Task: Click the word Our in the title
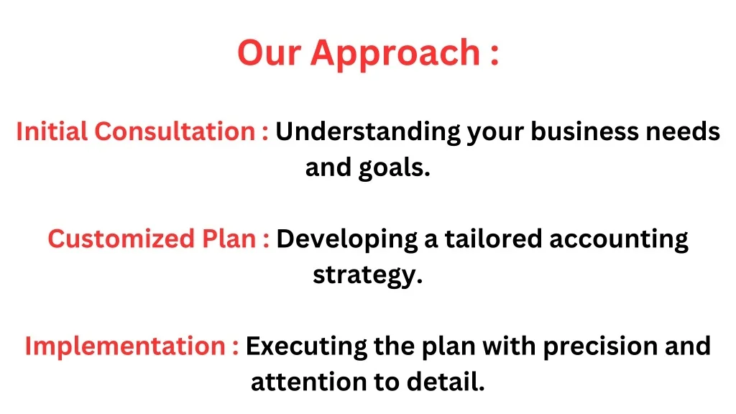269,52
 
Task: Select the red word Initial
52,131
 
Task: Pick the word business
585,131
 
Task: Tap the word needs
683,132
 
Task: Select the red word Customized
121,239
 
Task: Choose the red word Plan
229,239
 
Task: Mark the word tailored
493,239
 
